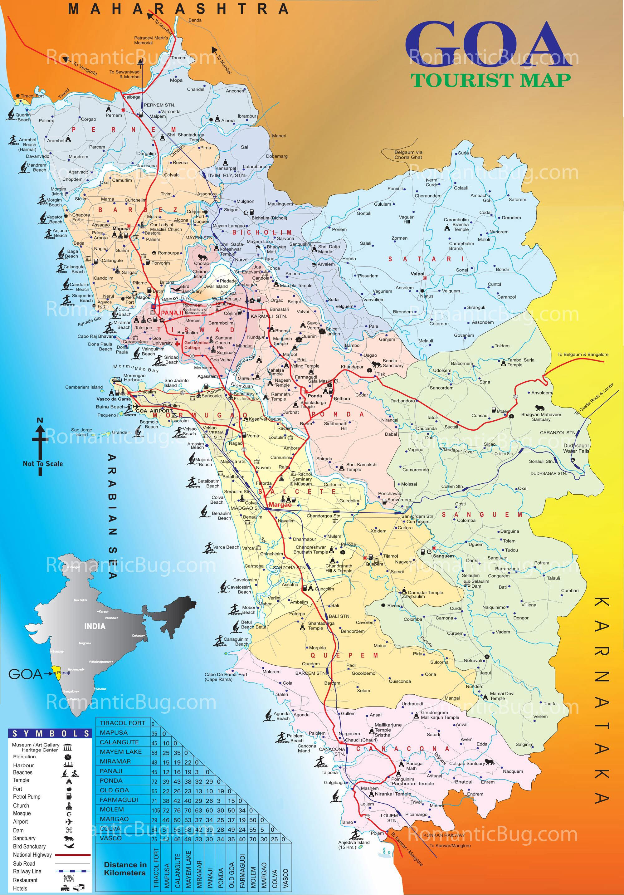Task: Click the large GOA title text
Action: click(485, 45)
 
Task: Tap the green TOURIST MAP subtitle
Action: click(490, 80)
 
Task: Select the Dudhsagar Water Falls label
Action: click(576, 448)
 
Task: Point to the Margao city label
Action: click(280, 505)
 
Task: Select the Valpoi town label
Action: click(417, 274)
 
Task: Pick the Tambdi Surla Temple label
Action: click(520, 362)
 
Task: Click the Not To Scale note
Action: click(43, 463)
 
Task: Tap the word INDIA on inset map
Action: click(95, 626)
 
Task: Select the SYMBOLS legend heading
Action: click(50, 734)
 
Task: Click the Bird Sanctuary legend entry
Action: click(29, 846)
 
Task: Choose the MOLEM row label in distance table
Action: click(112, 809)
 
